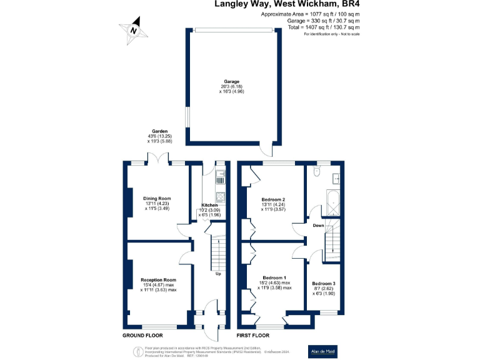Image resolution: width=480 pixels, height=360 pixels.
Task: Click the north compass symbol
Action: point(133,30)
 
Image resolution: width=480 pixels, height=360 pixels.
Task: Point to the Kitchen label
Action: point(209,211)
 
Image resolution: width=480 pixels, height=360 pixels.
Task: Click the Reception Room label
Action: point(157,284)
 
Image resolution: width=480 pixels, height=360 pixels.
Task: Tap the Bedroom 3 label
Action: point(324,287)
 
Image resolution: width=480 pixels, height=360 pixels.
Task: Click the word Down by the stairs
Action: point(318,226)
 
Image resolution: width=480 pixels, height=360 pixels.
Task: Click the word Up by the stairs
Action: point(217,274)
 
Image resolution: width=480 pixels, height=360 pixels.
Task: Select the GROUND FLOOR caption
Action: point(143,336)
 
